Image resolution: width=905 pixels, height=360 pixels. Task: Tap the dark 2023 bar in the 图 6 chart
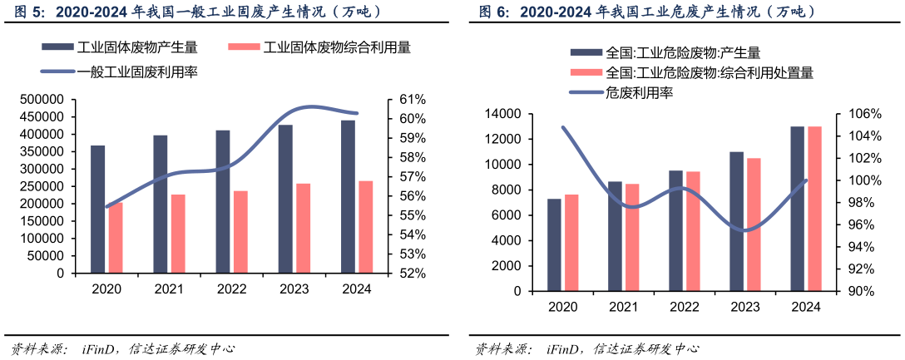click(x=736, y=221)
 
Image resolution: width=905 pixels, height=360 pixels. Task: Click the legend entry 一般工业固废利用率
click(x=136, y=72)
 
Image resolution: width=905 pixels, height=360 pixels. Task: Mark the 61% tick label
click(x=413, y=100)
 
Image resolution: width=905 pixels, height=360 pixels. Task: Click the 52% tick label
click(x=413, y=273)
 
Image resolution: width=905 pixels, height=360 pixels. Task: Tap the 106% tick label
click(x=865, y=114)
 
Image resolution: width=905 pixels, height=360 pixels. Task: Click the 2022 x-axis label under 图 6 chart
click(x=684, y=307)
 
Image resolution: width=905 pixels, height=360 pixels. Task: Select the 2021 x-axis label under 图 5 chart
click(x=169, y=288)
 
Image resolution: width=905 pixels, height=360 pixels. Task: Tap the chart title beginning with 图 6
click(x=647, y=12)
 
